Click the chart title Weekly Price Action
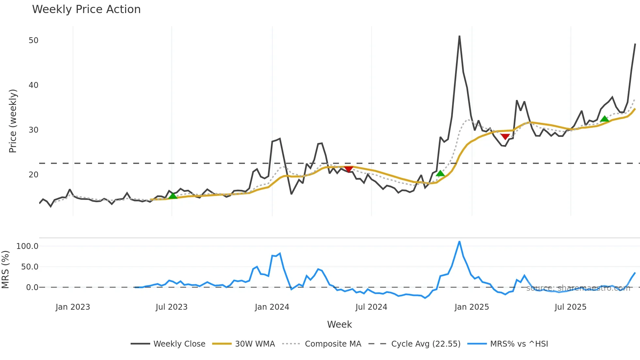coord(86,9)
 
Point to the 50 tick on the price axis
coord(33,41)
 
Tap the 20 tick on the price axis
coord(33,175)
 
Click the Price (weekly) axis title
coord(13,121)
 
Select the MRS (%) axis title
coord(5,270)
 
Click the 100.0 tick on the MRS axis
coord(27,246)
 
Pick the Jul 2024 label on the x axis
coord(371,307)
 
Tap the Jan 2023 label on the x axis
coord(72,307)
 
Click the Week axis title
coord(339,324)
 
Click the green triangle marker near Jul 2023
coord(173,196)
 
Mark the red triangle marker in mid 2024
coord(348,169)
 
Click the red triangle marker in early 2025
coord(505,137)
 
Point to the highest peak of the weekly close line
coord(459,36)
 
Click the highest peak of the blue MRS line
coord(459,242)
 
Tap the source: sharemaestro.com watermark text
coord(578,288)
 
